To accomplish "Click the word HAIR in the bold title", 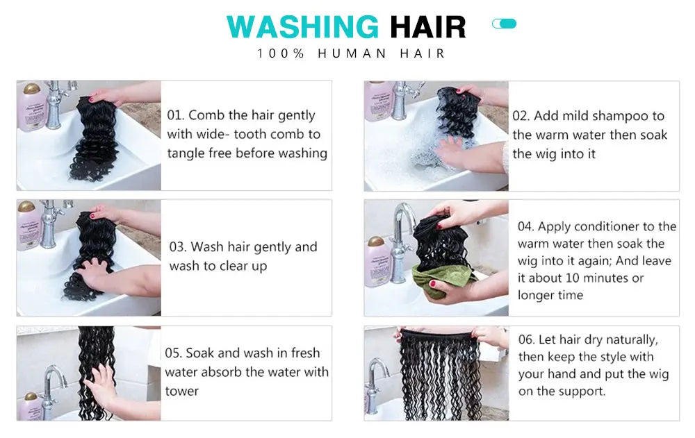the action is click(428, 27).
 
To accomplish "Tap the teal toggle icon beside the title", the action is click(504, 24).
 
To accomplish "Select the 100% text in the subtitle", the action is click(281, 53).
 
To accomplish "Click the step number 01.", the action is click(176, 115).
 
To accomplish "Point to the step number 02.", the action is click(521, 116).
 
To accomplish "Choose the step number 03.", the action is click(178, 246).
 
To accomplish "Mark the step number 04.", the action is click(525, 226).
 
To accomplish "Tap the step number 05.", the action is click(173, 353).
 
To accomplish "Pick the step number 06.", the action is click(527, 339).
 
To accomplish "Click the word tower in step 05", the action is click(181, 391).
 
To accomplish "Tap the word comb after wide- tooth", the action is click(288, 134).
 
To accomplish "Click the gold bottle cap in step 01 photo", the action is click(32, 89).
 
